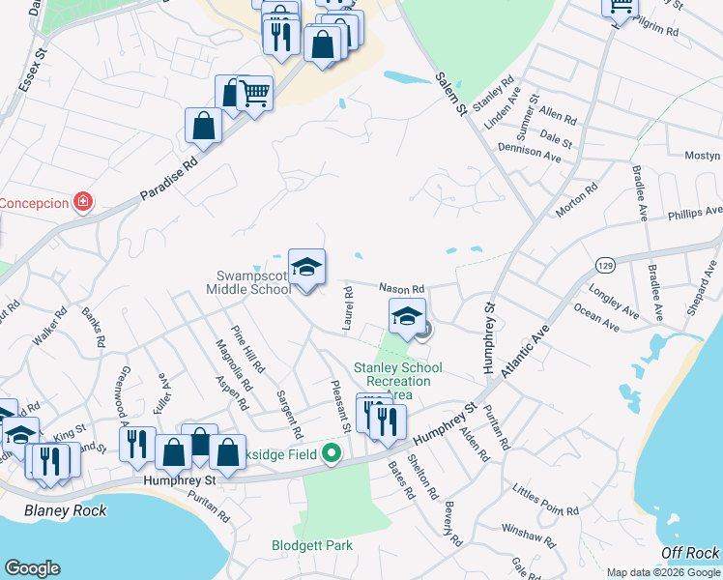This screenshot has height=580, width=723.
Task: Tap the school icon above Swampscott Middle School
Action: pos(306,268)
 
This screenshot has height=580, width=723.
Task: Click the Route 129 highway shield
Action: pos(605,264)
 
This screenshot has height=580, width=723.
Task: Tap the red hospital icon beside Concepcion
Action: pos(84,202)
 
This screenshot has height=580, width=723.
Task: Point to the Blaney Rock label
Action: pos(66,510)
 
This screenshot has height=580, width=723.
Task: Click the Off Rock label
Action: pos(690,552)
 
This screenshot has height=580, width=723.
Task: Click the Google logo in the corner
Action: pos(32,568)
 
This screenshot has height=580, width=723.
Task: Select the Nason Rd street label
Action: pos(401,288)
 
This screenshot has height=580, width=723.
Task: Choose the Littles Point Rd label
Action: pos(545,501)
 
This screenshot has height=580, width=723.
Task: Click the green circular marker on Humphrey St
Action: pos(332,452)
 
